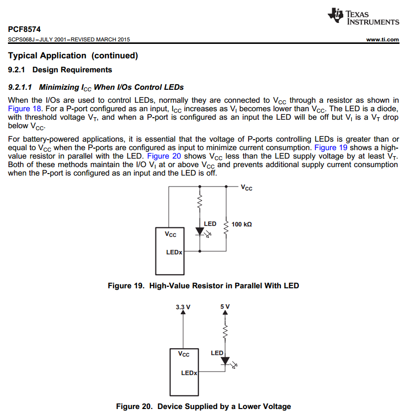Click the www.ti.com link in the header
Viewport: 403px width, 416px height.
coord(382,40)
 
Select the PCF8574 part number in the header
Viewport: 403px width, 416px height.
coord(24,29)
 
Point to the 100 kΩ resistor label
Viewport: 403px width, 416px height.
coord(242,224)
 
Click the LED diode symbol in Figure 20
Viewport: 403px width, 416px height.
coord(225,360)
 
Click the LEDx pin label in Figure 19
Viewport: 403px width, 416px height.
coord(174,252)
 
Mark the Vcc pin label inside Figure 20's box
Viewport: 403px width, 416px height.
coord(184,355)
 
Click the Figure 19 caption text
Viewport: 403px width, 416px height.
coord(203,286)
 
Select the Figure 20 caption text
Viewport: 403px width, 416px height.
coord(203,407)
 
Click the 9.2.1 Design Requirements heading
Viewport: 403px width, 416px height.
coord(60,70)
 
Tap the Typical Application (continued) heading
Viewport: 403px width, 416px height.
coord(73,55)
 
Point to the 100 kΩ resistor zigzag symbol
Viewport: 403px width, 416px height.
coord(226,227)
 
